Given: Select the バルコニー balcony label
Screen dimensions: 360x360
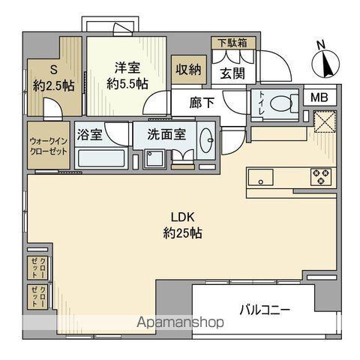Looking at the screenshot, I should click(265, 309).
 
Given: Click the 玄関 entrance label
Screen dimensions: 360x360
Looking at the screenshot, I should click(232, 73).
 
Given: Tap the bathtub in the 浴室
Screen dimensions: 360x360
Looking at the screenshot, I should click(101, 158).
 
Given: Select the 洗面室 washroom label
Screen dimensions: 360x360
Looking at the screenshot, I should click(166, 137).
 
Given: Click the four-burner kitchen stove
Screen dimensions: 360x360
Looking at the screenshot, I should click(322, 178).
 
